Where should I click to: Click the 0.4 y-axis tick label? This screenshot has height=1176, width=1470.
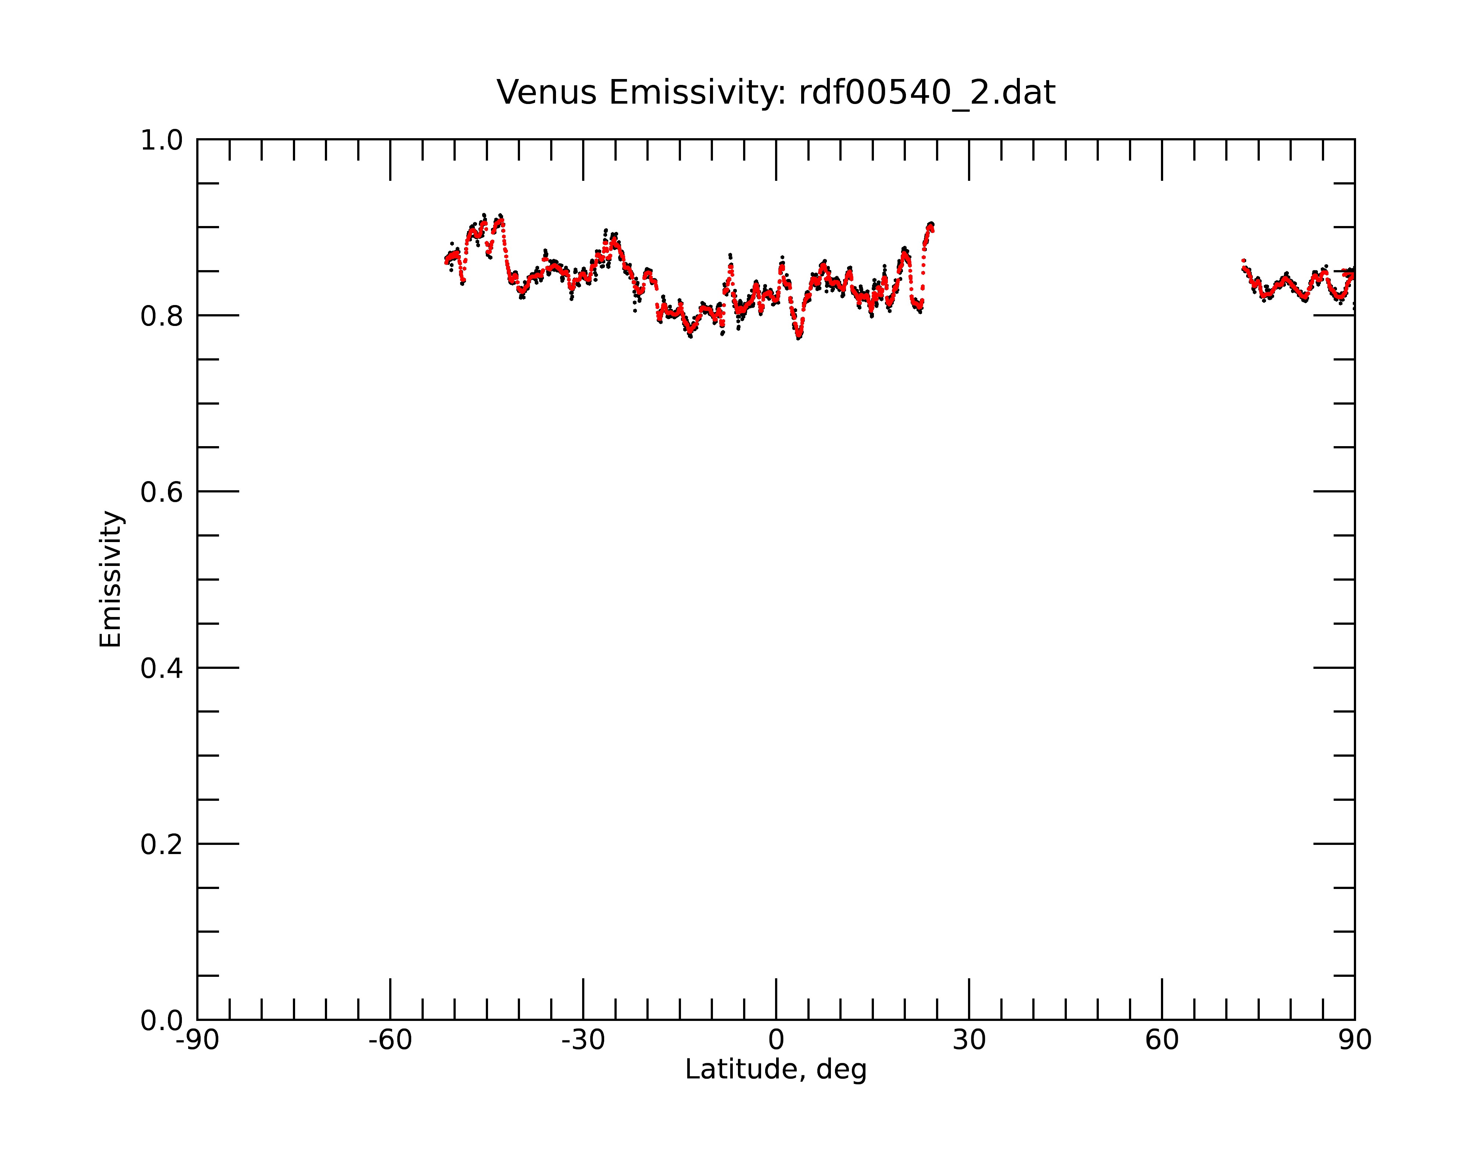click(x=162, y=669)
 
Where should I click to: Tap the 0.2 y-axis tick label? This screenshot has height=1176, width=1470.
click(x=162, y=845)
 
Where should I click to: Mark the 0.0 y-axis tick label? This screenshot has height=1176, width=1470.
click(x=162, y=1021)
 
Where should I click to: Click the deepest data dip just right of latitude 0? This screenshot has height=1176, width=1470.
click(x=799, y=336)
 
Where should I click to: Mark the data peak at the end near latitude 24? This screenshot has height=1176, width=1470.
click(x=931, y=224)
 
